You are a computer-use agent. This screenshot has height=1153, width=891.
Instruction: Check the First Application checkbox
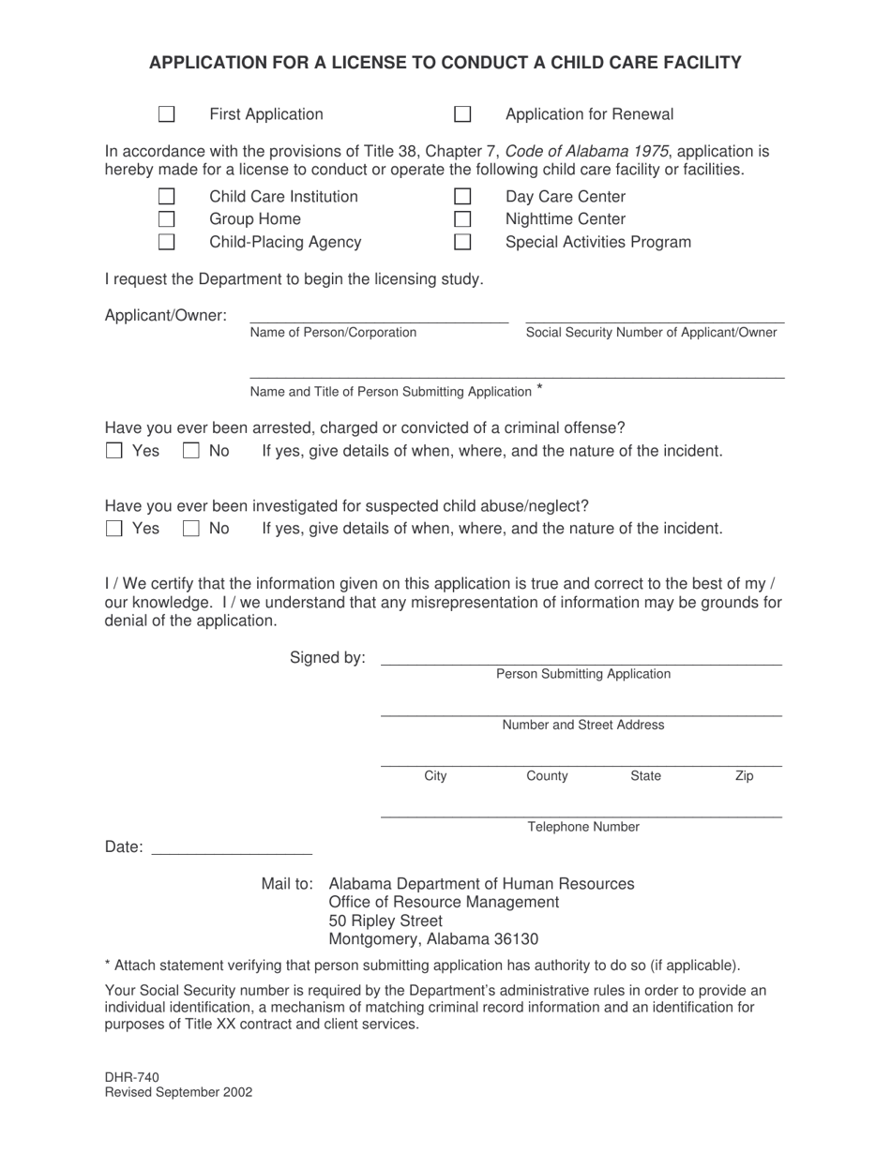167,114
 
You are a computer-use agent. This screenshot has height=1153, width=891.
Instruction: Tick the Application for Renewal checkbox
462,114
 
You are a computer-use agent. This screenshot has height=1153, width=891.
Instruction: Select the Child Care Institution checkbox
167,197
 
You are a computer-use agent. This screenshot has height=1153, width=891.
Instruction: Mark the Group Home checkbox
167,219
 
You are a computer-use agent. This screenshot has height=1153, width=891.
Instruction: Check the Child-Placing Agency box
167,242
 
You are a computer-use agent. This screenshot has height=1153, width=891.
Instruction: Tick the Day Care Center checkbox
462,197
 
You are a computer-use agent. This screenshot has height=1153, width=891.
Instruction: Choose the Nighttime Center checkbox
462,219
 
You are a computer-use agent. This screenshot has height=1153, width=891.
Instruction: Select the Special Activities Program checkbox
462,242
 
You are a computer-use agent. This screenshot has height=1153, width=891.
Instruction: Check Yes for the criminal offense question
114,451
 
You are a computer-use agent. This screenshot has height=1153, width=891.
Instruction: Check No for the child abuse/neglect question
191,529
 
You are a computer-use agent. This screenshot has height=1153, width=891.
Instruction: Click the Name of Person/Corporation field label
333,333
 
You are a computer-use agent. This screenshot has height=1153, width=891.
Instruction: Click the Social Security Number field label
651,333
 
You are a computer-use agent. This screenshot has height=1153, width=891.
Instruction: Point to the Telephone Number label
583,827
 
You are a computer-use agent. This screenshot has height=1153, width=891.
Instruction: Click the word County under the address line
547,776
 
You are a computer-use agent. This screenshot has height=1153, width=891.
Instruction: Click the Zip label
744,776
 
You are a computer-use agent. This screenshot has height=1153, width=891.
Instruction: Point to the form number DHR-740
126,1078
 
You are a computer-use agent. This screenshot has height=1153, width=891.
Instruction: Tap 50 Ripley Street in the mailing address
385,921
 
